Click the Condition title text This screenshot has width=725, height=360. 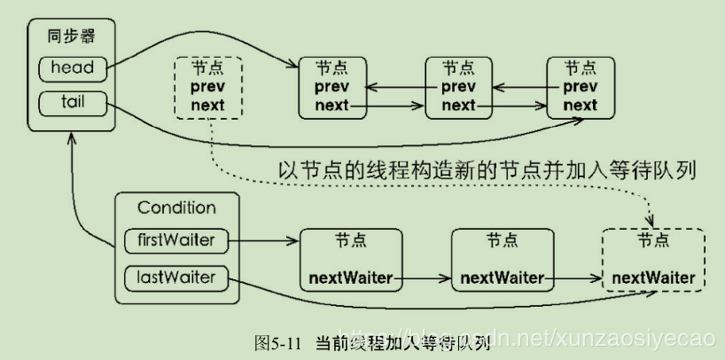click(176, 208)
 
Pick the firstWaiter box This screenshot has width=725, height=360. click(176, 239)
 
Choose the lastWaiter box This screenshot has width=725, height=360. click(176, 278)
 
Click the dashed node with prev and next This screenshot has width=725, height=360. click(208, 87)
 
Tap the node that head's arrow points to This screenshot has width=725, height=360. click(332, 87)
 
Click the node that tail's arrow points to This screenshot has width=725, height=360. click(581, 87)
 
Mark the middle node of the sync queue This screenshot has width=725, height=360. click(458, 87)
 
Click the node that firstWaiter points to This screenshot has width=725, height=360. click(350, 259)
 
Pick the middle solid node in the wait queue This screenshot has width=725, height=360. click(502, 259)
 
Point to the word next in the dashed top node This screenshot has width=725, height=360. click(208, 105)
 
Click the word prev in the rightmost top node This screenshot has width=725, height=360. click(581, 86)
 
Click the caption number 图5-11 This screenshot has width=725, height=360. click(279, 342)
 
